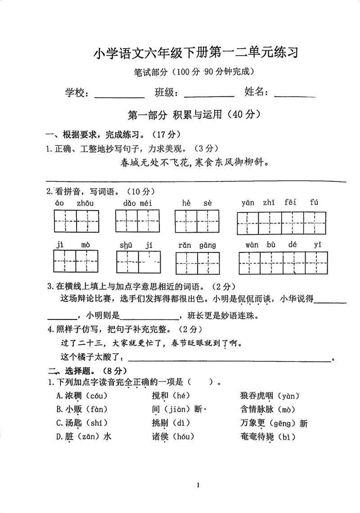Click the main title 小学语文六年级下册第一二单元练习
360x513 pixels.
pyautogui.click(x=196, y=53)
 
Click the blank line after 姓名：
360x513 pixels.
pyautogui.click(x=295, y=95)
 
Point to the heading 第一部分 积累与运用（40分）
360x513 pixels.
pyautogui.click(x=194, y=115)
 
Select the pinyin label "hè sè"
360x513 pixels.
pyautogui.click(x=197, y=203)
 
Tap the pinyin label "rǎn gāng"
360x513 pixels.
pyautogui.click(x=198, y=245)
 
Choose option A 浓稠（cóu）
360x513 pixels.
pyautogui.click(x=82, y=396)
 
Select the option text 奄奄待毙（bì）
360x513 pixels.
pyautogui.click(x=268, y=436)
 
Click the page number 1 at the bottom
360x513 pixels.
pyautogui.click(x=198, y=485)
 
